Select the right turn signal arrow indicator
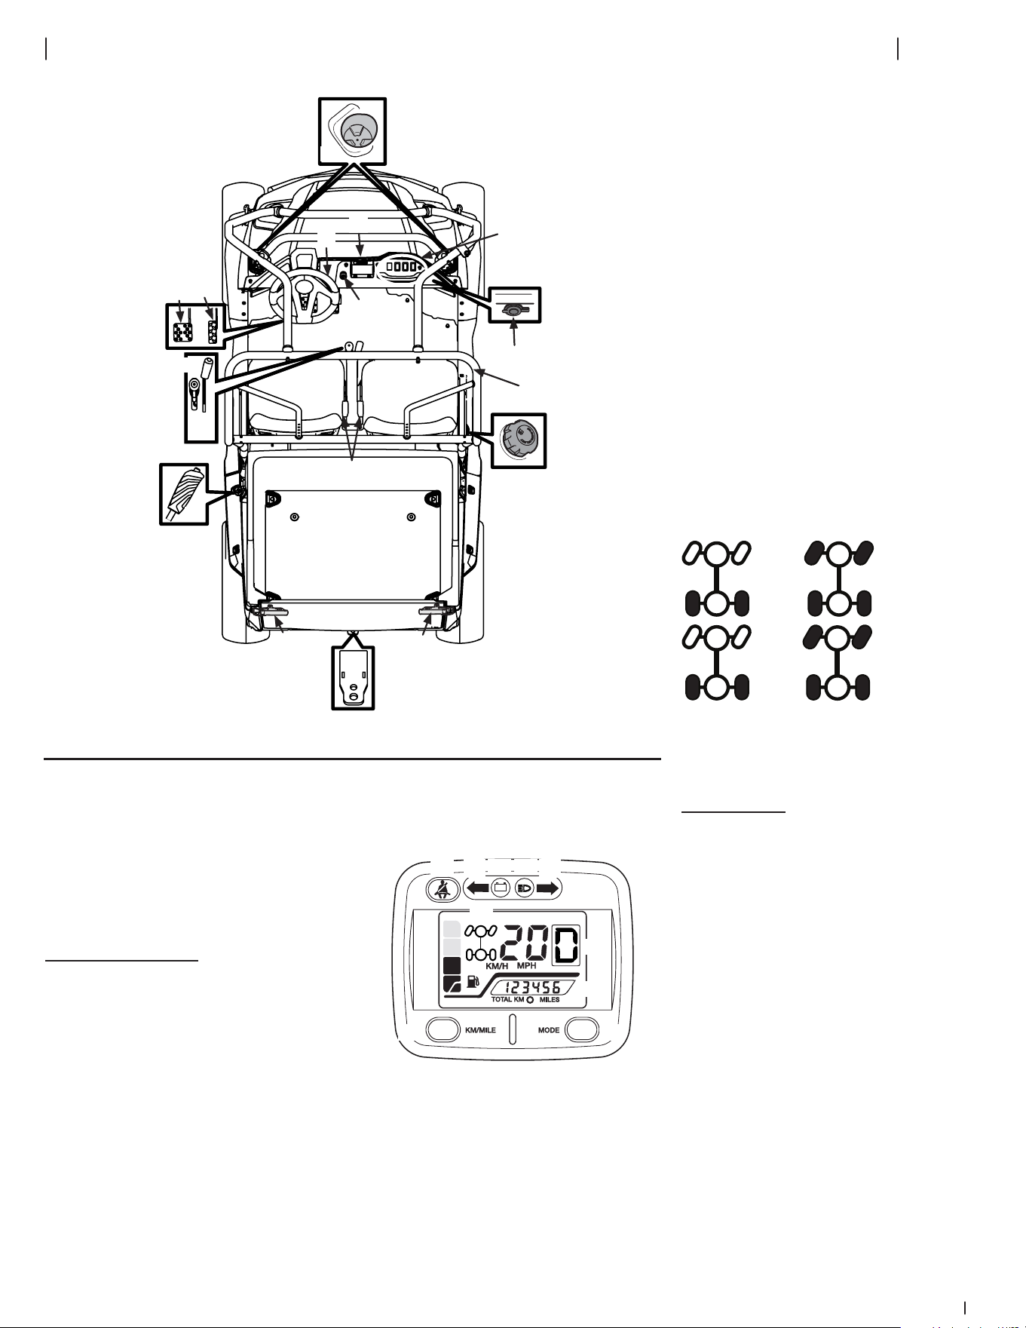coord(548,888)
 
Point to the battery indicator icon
coord(500,888)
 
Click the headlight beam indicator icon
coord(525,888)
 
